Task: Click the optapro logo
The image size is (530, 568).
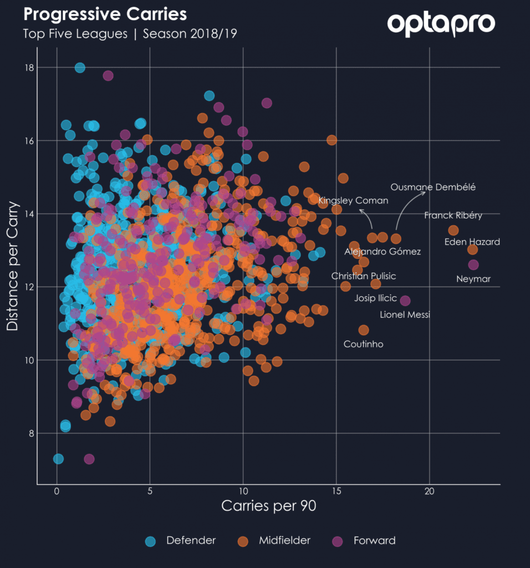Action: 441,24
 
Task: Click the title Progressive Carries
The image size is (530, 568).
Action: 105,14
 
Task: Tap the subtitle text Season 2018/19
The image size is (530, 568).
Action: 190,34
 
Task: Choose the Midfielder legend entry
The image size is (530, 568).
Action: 274,541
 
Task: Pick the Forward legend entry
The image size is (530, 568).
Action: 364,541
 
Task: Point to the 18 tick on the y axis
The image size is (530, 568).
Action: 29,68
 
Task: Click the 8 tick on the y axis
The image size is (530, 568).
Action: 31,433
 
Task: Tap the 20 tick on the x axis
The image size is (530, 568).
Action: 429,491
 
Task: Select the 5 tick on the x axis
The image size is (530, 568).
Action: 150,491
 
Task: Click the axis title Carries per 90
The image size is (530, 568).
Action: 269,506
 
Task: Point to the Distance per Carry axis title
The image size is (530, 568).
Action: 12,266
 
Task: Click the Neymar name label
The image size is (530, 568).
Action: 473,279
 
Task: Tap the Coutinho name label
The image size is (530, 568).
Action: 363,344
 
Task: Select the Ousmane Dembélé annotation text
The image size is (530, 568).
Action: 433,187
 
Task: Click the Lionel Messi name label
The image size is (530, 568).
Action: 405,315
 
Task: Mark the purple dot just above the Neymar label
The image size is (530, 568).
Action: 473,265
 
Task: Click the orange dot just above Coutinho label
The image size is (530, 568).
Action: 364,330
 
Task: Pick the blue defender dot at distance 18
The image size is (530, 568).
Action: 80,68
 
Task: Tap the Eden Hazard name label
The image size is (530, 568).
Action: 472,242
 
